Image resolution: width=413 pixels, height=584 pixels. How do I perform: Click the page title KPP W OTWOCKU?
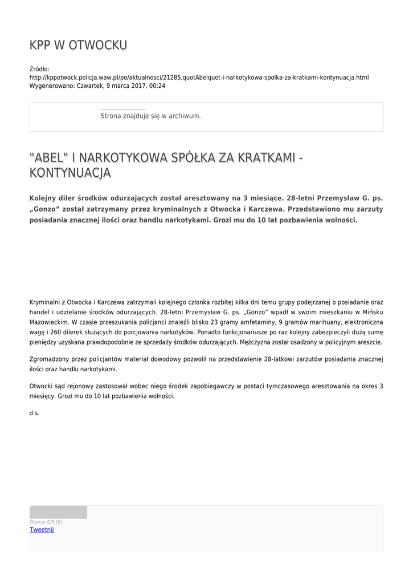click(78, 45)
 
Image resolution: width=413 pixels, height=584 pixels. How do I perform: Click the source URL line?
click(199, 77)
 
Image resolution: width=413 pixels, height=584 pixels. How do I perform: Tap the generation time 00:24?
click(158, 86)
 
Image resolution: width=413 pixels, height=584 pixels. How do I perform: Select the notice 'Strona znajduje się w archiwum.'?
click(150, 116)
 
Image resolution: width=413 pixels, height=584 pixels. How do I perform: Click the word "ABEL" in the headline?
click(49, 157)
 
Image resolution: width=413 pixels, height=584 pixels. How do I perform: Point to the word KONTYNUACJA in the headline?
click(70, 173)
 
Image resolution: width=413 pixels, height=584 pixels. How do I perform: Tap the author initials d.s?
click(34, 413)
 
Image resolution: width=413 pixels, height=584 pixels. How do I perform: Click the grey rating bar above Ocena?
click(58, 512)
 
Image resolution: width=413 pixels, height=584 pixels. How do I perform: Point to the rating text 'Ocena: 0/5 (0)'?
click(46, 522)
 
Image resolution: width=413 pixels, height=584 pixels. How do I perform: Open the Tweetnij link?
click(42, 529)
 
